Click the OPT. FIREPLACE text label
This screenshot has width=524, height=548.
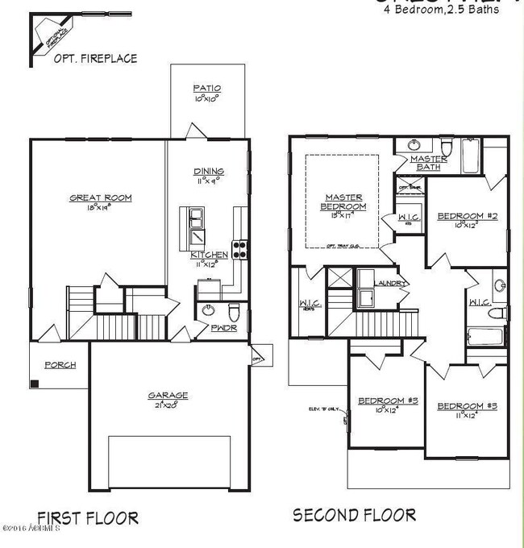(x=94, y=58)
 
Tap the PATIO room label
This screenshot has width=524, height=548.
(x=207, y=89)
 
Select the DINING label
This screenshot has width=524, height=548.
(x=208, y=172)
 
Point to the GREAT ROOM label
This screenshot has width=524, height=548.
(x=100, y=197)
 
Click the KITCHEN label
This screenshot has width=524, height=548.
(x=209, y=255)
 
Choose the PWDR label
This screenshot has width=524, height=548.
(x=222, y=328)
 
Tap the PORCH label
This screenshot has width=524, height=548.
(x=60, y=365)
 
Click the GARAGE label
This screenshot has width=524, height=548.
(x=168, y=395)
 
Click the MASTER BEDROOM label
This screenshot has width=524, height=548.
(x=343, y=201)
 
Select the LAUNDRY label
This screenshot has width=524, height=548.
(x=392, y=284)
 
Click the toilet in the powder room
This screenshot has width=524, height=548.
(x=235, y=311)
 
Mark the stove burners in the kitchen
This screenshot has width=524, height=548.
(x=239, y=247)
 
